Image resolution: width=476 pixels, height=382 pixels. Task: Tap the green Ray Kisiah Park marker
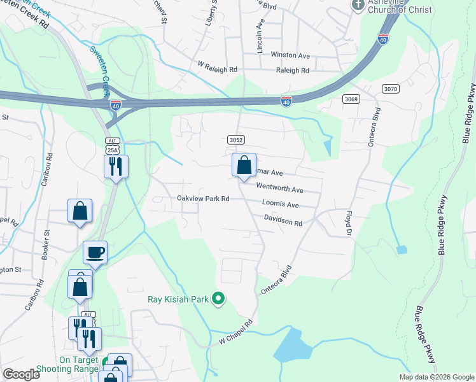click(218, 298)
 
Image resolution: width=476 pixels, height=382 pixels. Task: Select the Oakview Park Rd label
click(202, 199)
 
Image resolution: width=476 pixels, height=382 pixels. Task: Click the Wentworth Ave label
click(279, 189)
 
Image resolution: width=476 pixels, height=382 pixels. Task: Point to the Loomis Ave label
click(280, 205)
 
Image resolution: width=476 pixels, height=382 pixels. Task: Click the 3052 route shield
click(235, 139)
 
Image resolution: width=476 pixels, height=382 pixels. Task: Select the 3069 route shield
click(351, 99)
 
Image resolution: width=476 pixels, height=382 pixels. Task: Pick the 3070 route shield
click(390, 88)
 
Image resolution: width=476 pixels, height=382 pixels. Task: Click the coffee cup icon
click(95, 253)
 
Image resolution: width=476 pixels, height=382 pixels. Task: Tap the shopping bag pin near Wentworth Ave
click(244, 166)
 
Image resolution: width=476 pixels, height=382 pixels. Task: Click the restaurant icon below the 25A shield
click(116, 167)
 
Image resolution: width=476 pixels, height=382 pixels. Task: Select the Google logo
click(22, 374)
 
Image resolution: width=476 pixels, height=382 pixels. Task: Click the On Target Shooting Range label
click(67, 364)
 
